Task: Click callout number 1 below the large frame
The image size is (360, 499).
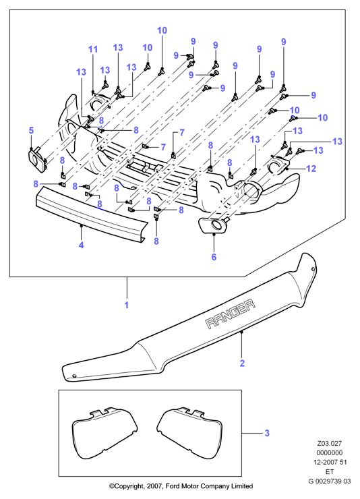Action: coord(127,305)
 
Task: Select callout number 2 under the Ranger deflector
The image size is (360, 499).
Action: coord(242,363)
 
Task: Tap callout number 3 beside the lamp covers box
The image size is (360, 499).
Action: coord(267,433)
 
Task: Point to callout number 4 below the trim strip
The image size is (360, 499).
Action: coord(81,245)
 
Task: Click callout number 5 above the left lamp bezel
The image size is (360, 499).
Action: coord(31,130)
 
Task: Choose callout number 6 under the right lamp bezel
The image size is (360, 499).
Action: coord(214,256)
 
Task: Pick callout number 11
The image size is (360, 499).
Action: coord(93,49)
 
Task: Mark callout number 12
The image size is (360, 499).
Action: coord(311,169)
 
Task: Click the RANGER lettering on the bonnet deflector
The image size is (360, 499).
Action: coord(231,314)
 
